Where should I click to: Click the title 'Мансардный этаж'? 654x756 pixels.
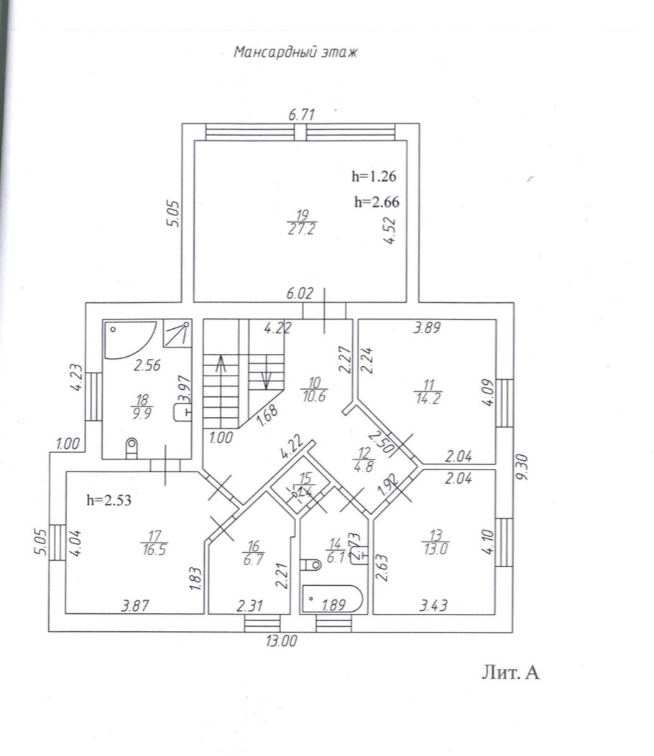pos(295,52)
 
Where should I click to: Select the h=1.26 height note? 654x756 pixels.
pos(374,175)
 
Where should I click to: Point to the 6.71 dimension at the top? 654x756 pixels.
pos(303,113)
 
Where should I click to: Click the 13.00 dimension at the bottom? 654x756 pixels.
pos(281,641)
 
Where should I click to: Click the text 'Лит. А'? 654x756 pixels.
pos(509,673)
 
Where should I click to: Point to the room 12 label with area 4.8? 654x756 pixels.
pos(360,459)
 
